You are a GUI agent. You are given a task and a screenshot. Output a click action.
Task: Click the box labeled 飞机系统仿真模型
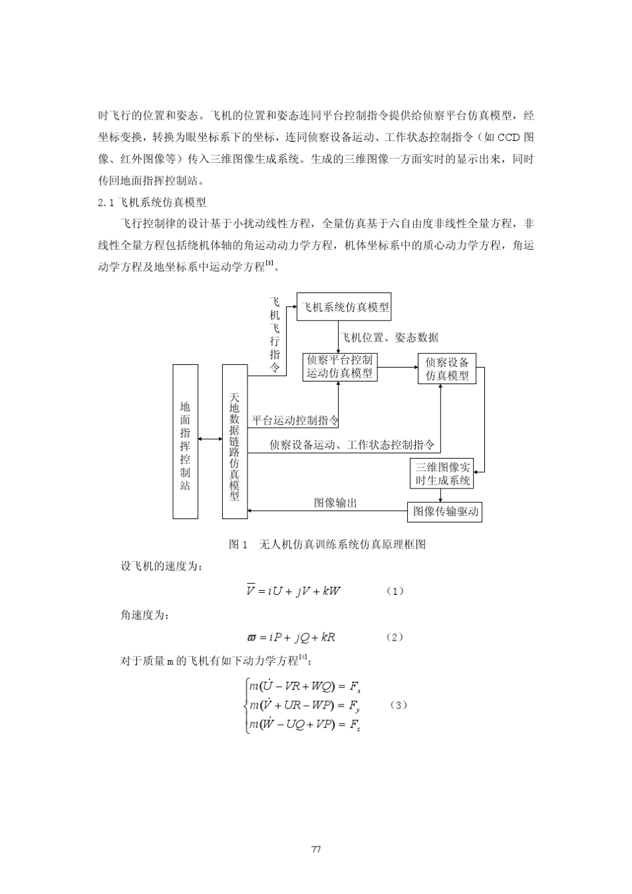(x=343, y=307)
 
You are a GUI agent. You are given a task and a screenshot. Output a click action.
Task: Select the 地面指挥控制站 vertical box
(x=185, y=441)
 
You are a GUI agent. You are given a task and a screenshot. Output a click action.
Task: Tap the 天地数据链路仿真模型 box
(x=234, y=441)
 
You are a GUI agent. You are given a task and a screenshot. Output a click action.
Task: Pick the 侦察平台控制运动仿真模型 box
(x=339, y=367)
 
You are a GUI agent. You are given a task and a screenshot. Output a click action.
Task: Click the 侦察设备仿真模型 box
(x=447, y=369)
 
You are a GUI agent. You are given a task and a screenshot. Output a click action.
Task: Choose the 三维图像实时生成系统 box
(x=442, y=473)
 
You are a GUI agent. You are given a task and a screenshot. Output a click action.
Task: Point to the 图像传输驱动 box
(x=444, y=511)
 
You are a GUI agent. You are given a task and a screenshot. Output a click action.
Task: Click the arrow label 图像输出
(x=335, y=503)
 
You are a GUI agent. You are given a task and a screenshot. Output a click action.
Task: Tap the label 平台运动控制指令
(x=295, y=420)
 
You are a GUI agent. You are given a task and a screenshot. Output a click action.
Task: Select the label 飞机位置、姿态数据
(x=390, y=338)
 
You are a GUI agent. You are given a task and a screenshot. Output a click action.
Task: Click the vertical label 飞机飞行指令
(x=275, y=334)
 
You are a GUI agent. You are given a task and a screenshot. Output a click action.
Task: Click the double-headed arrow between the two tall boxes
(x=210, y=439)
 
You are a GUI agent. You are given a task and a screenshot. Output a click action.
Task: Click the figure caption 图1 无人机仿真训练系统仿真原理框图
(x=327, y=544)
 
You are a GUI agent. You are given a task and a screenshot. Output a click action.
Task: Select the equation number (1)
(x=395, y=591)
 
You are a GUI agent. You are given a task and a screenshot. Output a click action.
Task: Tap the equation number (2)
(x=395, y=637)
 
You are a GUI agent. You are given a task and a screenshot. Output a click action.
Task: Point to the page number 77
(x=316, y=849)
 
